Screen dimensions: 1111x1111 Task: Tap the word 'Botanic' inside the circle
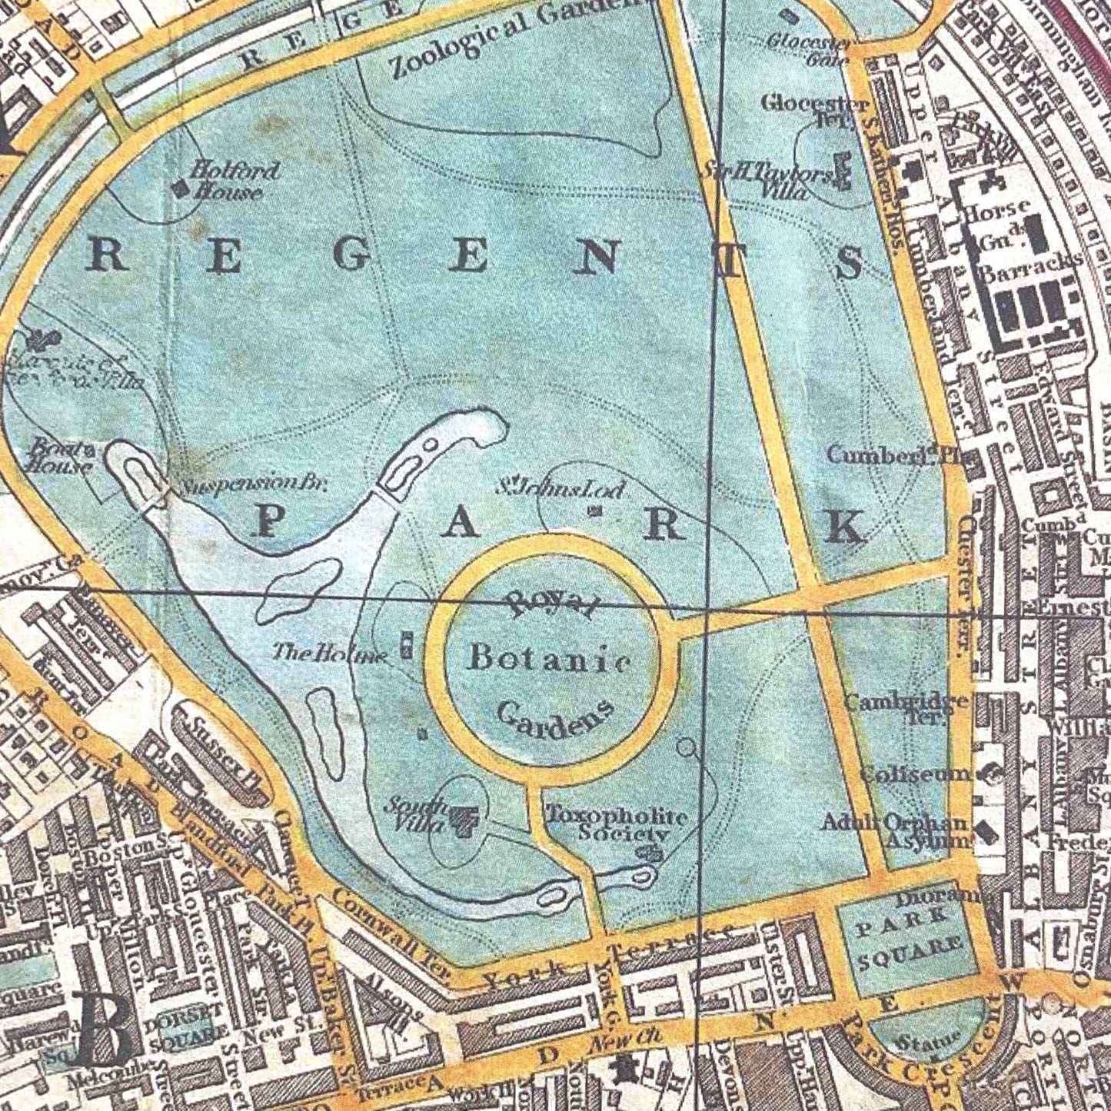pos(551,659)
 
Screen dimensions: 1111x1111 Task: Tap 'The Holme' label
pos(331,654)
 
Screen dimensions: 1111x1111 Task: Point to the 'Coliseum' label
pos(915,773)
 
